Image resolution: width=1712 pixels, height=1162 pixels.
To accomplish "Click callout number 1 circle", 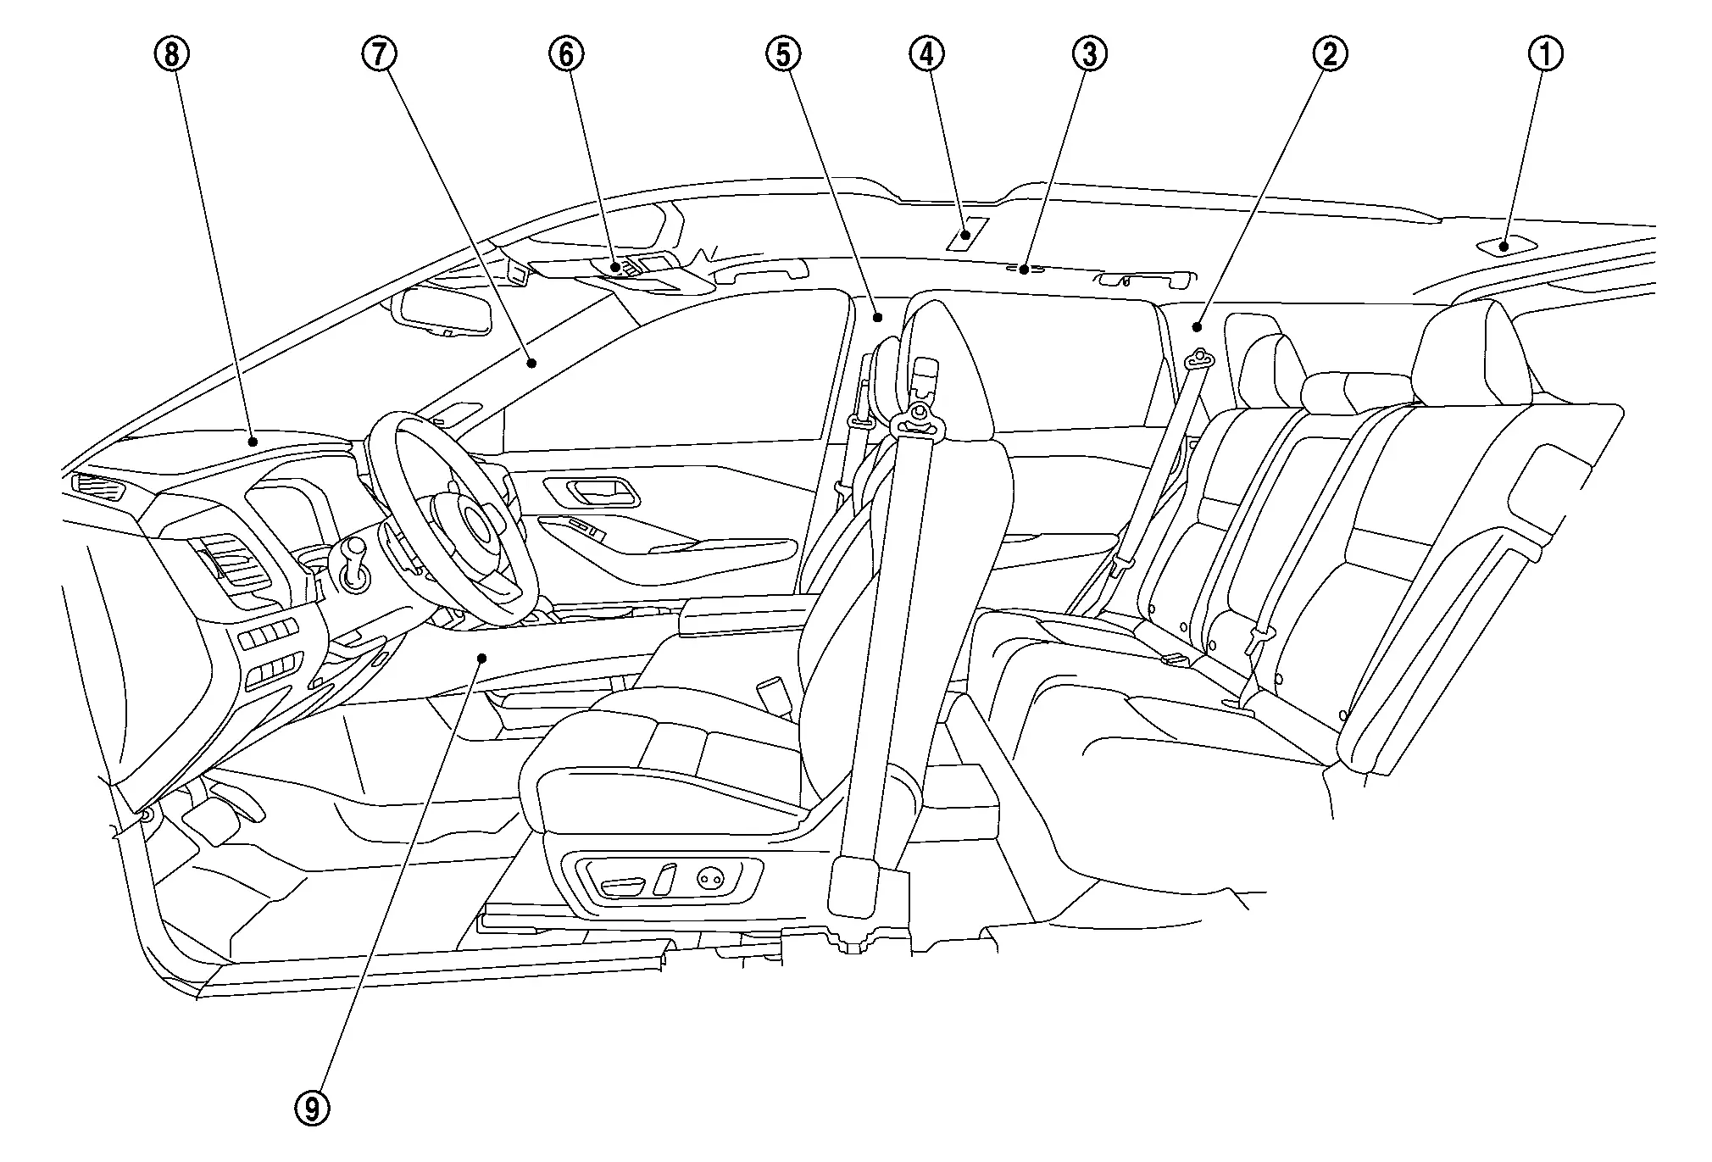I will click(1545, 54).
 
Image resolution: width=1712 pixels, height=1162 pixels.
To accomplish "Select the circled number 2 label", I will click(1329, 54).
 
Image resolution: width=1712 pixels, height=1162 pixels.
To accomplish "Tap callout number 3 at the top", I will click(1089, 54).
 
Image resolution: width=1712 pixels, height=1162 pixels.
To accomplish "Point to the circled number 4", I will click(926, 54).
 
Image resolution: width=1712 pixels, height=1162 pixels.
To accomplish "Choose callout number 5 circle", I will click(782, 54).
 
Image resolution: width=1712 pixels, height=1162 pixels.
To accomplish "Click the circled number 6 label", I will click(566, 54).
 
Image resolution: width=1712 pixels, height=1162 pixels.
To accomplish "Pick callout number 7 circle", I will click(378, 54).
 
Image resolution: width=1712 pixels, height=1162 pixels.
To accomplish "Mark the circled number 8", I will click(171, 54).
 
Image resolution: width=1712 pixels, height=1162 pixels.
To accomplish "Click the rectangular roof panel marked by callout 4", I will click(968, 234).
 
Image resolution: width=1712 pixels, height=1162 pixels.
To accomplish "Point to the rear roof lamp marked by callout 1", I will click(1505, 246).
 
